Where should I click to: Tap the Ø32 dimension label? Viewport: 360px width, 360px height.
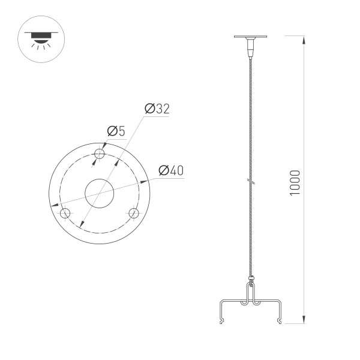157,109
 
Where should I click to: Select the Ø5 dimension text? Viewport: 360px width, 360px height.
116,131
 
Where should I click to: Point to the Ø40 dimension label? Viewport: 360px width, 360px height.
170,170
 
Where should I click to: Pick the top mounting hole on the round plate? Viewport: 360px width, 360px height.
100,154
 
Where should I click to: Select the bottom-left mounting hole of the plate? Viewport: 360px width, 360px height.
65,213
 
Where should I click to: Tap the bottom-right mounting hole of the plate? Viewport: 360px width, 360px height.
134,213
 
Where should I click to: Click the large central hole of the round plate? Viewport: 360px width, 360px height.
100,193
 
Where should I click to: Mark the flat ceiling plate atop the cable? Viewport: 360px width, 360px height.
250,38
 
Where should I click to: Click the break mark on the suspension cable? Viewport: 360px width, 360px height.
250,180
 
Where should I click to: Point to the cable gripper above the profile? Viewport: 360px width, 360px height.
250,279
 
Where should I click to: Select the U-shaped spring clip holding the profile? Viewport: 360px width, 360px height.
250,297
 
